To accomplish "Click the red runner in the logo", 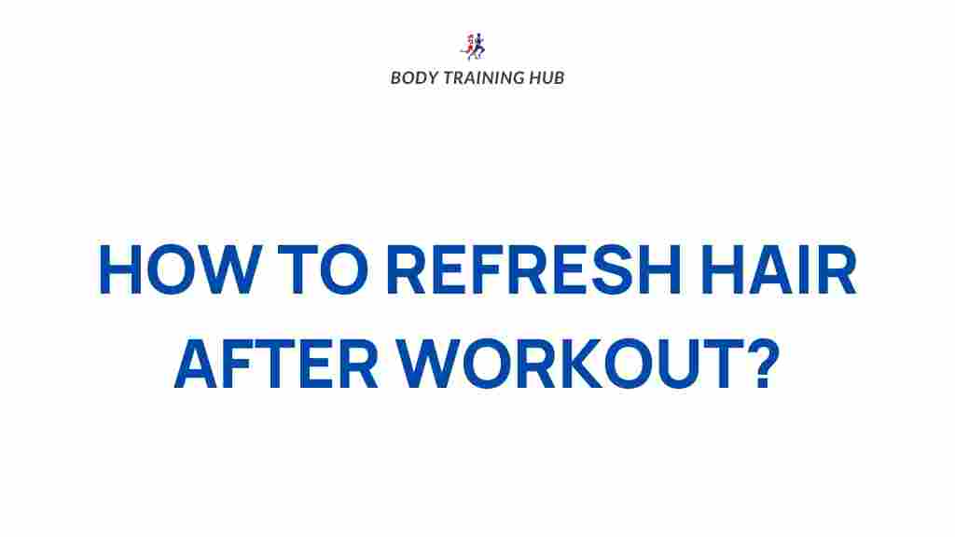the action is click(x=468, y=47).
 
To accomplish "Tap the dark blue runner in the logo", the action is click(x=479, y=46).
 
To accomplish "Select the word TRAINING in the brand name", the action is click(x=483, y=78).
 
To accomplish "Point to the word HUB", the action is click(x=547, y=78).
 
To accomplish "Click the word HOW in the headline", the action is click(x=181, y=269).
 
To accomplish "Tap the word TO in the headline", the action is click(x=323, y=269).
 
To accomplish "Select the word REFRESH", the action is click(x=533, y=269).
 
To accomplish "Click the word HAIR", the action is click(x=779, y=269).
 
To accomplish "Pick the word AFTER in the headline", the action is click(x=276, y=364).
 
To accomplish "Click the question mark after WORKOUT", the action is click(x=765, y=364).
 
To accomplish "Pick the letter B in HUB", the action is click(x=559, y=78).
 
